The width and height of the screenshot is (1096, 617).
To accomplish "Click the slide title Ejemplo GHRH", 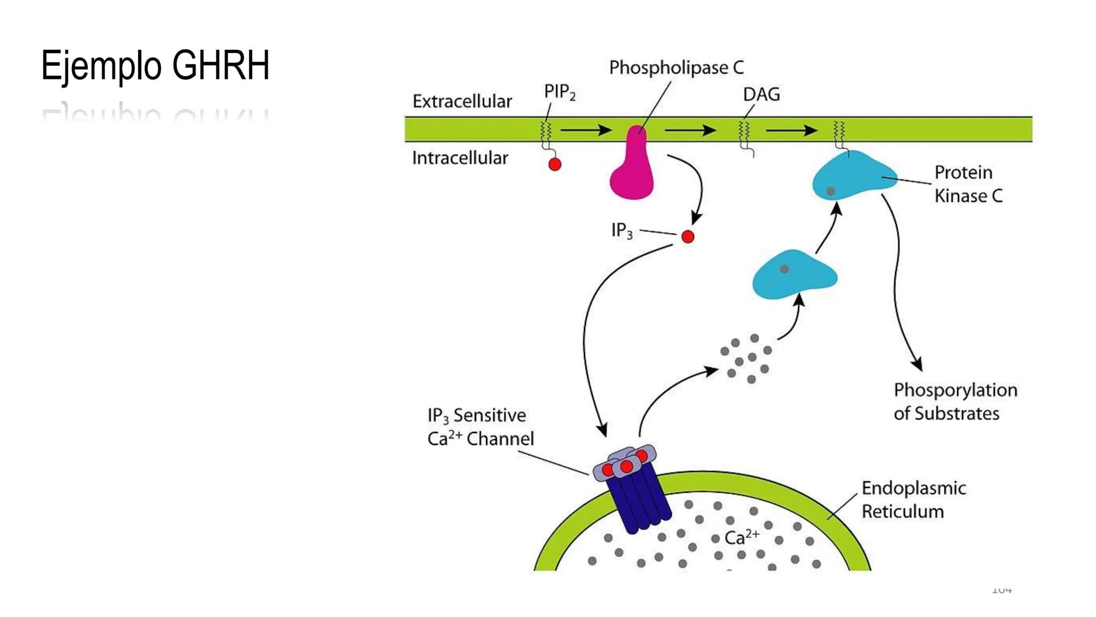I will tap(155, 65).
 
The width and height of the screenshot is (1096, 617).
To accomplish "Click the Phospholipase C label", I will tap(676, 67).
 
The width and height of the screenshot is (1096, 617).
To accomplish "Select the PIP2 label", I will tap(559, 91).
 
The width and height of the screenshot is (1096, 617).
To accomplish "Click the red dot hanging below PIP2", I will tap(555, 165).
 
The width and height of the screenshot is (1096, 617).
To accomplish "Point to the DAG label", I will tap(761, 94).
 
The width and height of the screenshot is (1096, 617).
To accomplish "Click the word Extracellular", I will tap(462, 101).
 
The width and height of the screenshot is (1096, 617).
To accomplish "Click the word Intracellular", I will tap(460, 158).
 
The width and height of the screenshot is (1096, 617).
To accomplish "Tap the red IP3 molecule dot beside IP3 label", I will tap(688, 237).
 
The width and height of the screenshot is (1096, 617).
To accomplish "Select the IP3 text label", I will tap(622, 230).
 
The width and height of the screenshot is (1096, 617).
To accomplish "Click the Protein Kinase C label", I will tap(968, 184).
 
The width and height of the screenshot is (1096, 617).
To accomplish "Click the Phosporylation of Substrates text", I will tap(955, 401).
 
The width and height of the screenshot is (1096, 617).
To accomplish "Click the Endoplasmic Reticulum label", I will tap(913, 499).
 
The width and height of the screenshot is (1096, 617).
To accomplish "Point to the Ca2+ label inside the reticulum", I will tap(742, 537).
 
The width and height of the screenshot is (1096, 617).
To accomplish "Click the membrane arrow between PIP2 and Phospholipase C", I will tap(586, 130).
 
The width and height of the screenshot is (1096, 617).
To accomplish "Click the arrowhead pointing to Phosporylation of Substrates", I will tap(917, 364).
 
